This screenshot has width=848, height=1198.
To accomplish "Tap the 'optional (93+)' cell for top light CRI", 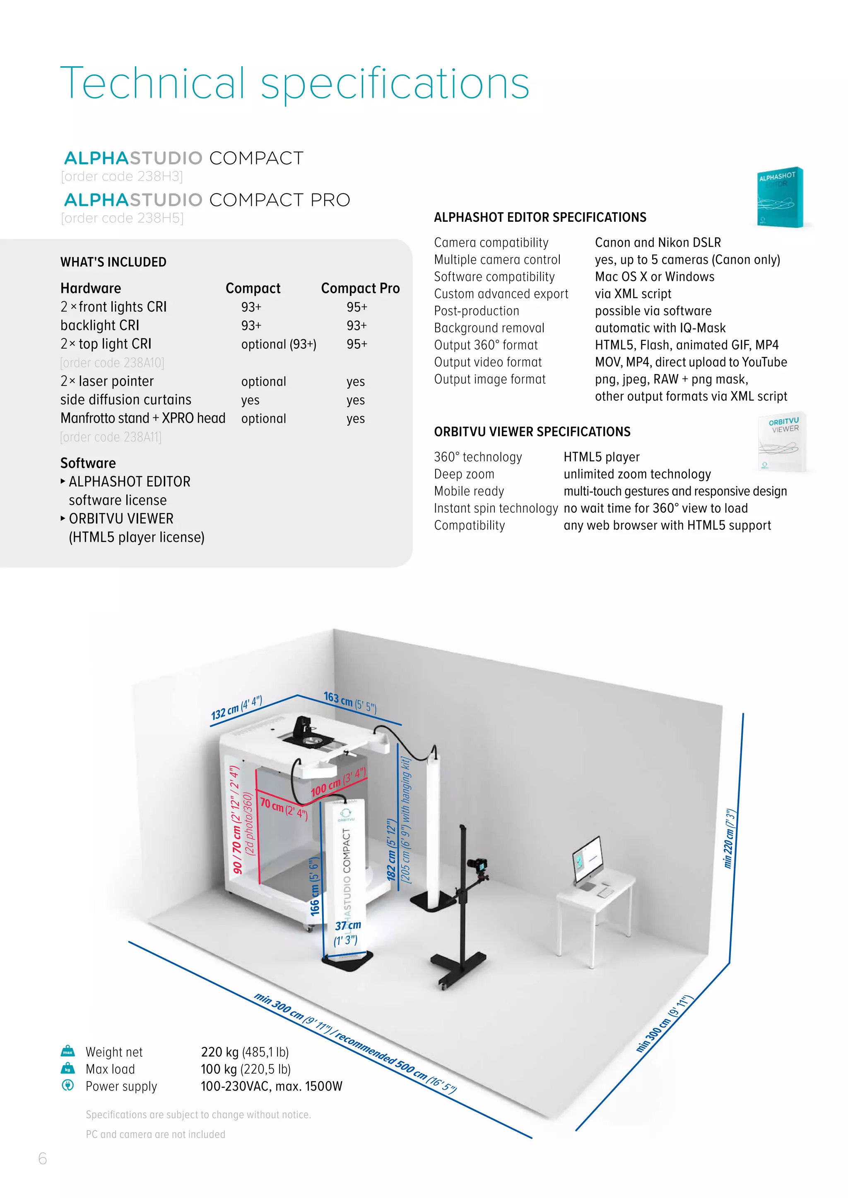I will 278,344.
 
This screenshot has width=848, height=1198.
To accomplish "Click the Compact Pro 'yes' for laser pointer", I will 356,382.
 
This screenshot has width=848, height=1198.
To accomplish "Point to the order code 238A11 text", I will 111,437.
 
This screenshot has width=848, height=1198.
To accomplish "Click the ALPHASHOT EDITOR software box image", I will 780,198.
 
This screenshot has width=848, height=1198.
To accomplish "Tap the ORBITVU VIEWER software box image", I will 782,443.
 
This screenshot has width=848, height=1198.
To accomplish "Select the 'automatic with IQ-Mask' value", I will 660,328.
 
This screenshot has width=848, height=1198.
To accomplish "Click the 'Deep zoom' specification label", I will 464,474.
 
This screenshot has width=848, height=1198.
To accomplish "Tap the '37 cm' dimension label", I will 348,926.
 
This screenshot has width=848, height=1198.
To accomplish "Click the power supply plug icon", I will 68,1085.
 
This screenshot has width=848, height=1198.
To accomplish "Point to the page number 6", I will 43,1158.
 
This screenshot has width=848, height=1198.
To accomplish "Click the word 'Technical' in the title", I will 152,84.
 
